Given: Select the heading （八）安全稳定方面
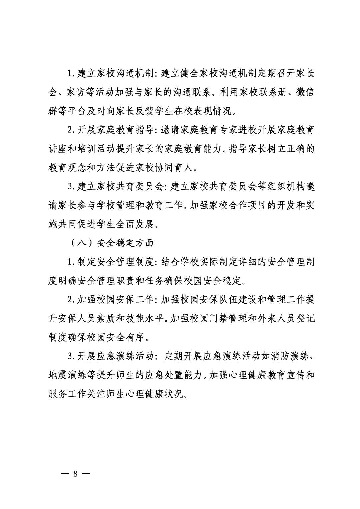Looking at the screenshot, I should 112,243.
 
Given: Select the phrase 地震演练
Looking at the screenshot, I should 68,375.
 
